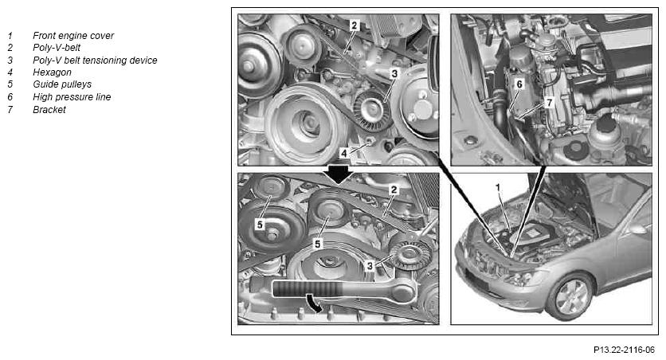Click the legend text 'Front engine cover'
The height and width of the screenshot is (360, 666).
coord(73,36)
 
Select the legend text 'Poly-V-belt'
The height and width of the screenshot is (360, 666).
coord(57,48)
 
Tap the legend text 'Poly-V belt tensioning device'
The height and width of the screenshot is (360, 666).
coord(95,61)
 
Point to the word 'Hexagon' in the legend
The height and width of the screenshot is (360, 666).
coord(52,72)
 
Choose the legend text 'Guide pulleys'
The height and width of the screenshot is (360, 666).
coord(62,84)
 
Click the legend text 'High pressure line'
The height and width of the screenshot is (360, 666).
coord(72,97)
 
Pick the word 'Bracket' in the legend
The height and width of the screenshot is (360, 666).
coord(49,110)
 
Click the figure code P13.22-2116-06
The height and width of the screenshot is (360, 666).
coord(624,350)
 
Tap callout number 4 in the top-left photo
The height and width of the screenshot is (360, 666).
coord(343,153)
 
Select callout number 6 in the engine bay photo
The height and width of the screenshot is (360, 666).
coord(519,84)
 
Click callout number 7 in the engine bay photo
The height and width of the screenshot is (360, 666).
coord(549,102)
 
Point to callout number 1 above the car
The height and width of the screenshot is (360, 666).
coord(498,187)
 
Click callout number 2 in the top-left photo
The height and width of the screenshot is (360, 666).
coord(355,25)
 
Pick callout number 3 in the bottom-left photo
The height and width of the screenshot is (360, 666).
coord(370,266)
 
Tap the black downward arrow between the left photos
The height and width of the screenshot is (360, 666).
coord(338,174)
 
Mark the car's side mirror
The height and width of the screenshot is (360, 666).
coord(635,229)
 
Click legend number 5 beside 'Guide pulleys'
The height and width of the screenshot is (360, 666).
coord(10,84)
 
